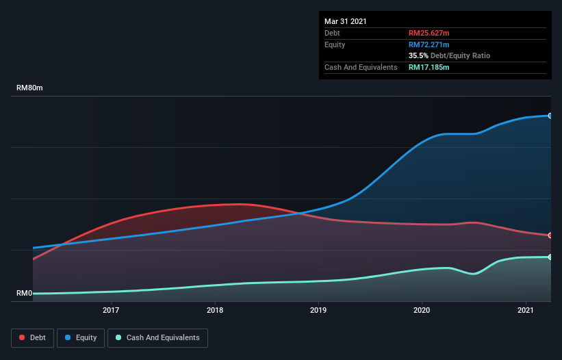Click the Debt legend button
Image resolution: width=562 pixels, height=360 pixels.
[x=31, y=337]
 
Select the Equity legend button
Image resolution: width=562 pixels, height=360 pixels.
[x=81, y=337]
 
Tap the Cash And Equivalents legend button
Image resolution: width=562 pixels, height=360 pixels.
[x=157, y=337]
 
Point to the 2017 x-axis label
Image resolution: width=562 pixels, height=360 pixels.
[x=111, y=311]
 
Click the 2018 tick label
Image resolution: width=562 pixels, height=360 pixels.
[x=215, y=311]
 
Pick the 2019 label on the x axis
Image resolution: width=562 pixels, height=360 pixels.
[x=318, y=311]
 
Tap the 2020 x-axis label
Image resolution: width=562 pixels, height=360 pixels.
[x=422, y=311]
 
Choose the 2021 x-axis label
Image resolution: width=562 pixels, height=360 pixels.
[x=526, y=311]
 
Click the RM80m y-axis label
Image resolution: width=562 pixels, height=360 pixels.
[x=30, y=88]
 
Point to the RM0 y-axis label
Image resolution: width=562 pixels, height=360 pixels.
[x=24, y=293]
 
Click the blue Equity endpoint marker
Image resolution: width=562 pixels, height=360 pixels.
[x=550, y=116]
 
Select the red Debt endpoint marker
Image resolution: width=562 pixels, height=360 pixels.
[x=550, y=235]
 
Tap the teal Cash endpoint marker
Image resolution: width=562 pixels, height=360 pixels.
[x=550, y=257]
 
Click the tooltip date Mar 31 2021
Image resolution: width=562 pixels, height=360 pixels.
[x=346, y=21]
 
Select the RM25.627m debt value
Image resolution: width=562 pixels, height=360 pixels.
[x=429, y=33]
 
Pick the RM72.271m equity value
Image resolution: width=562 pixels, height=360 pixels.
[x=429, y=44]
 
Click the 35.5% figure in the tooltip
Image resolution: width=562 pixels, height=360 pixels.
[x=418, y=55]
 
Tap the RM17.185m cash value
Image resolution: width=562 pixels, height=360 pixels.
[x=429, y=67]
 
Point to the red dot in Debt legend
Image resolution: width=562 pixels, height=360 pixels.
[x=23, y=337]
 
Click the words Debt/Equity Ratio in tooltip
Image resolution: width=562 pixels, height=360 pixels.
[x=461, y=55]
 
